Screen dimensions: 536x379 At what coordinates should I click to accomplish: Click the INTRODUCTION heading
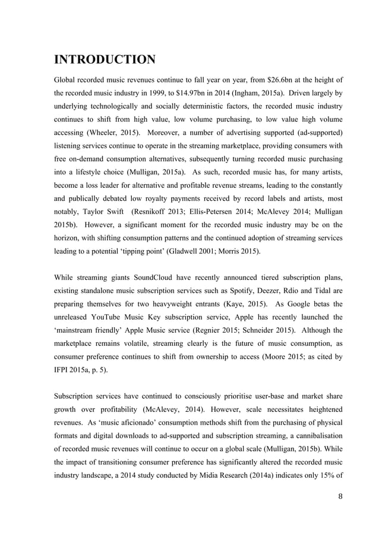(105, 59)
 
